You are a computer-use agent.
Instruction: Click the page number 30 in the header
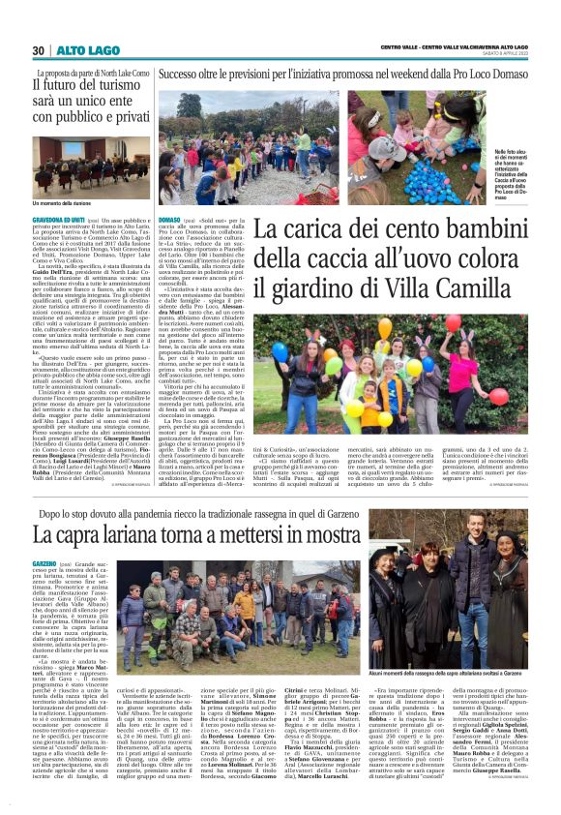click(x=39, y=49)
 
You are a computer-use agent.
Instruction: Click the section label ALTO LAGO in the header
click(x=78, y=49)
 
